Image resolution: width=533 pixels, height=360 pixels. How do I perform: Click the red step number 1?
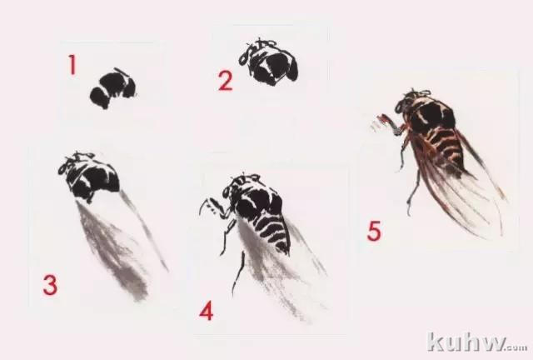72,65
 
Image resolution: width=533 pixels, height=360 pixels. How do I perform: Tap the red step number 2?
226,81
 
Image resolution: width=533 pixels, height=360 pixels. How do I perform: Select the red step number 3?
50,285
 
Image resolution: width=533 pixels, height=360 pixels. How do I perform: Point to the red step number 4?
207,311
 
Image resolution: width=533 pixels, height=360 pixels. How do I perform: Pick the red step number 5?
374,231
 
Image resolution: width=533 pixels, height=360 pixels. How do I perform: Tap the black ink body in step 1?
113,88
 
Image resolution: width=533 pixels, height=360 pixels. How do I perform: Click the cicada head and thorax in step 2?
268,63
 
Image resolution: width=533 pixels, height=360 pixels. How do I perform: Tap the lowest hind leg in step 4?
239,272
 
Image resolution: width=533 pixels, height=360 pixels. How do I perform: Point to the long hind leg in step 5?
413,191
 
